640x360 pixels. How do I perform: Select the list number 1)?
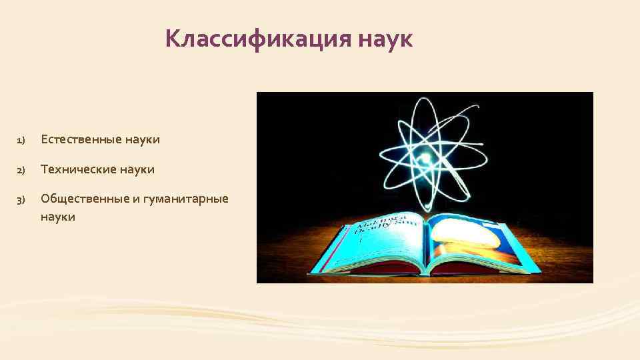[x=21, y=141]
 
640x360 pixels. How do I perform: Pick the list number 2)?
[x=21, y=170]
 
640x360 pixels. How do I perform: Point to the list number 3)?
[x=21, y=199]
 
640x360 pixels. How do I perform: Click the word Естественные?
[x=79, y=140]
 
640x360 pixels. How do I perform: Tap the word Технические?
[x=78, y=169]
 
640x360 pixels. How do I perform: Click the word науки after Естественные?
[x=141, y=140]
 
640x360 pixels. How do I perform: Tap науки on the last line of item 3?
[x=58, y=217]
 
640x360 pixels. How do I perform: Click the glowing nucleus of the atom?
[x=425, y=159]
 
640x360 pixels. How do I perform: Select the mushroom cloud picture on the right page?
[x=470, y=237]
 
